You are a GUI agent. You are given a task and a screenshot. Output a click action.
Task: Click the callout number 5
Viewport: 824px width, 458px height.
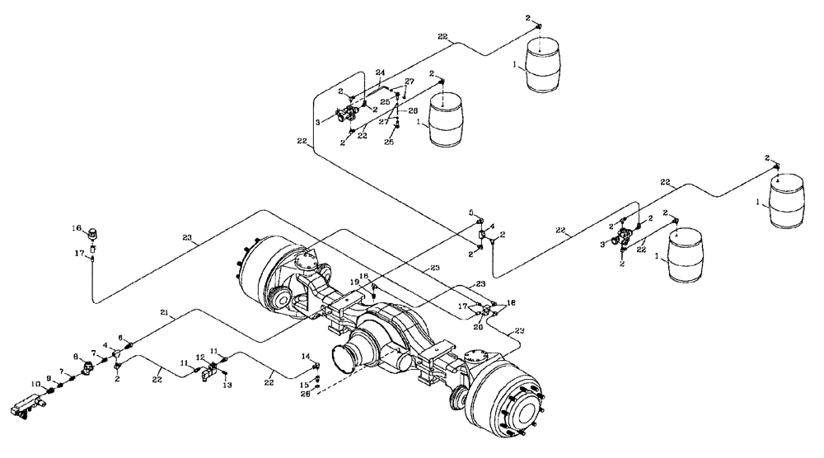coord(472,213)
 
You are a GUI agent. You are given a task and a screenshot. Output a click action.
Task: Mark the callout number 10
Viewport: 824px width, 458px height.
coord(36,384)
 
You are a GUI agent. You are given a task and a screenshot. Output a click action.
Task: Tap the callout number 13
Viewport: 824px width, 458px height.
coord(228,385)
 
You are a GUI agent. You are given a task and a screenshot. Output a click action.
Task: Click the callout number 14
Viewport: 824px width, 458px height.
coord(305,356)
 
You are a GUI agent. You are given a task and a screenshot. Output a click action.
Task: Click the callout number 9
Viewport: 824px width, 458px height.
coord(48,378)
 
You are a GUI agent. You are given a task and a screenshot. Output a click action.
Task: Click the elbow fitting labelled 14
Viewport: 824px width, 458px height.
coord(316,367)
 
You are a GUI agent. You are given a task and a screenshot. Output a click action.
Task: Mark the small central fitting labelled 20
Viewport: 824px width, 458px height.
coord(485,313)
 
